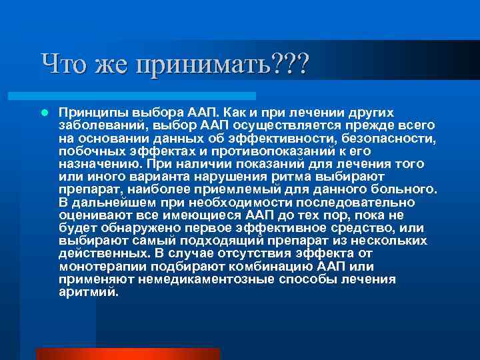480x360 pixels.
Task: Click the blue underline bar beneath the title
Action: pyautogui.click(x=147, y=96)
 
